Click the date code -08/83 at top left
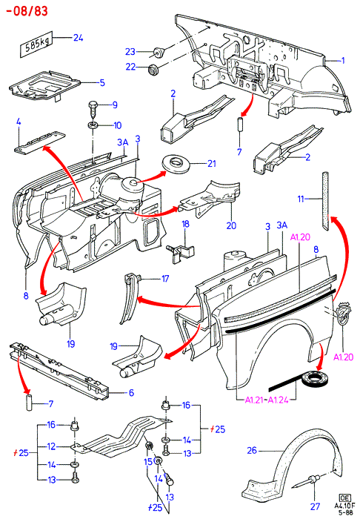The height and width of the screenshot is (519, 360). (27, 11)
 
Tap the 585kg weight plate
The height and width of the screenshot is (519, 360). (36, 45)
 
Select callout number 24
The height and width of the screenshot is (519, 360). (78, 38)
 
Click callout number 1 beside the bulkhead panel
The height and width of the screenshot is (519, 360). (343, 61)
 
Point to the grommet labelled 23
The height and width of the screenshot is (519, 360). (159, 53)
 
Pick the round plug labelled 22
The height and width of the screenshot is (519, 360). (153, 70)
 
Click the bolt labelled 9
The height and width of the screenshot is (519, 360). (93, 109)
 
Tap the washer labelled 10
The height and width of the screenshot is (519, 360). (93, 126)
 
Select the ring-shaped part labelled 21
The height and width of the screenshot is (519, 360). (177, 164)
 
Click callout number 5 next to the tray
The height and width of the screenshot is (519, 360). (102, 82)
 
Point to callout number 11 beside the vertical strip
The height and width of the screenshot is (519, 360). (301, 199)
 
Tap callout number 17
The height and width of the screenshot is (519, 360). (165, 279)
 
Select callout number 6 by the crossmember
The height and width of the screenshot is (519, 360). (131, 392)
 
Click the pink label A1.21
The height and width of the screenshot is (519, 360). (254, 400)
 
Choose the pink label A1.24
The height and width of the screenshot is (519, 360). (278, 400)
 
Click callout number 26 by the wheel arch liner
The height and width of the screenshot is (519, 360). (252, 450)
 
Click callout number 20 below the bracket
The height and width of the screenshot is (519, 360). (231, 225)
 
